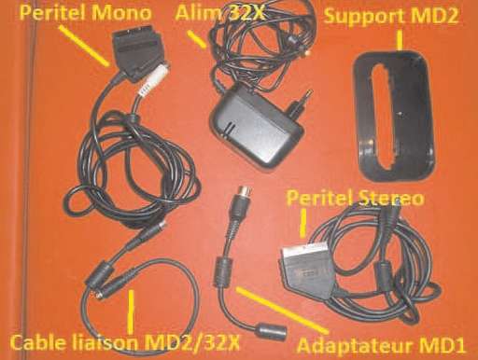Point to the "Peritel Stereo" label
pyautogui.click(x=358, y=199)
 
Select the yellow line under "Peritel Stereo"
pyautogui.click(x=305, y=221)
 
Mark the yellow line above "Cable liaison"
pyautogui.click(x=132, y=307)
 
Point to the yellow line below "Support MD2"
pyautogui.click(x=399, y=41)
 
